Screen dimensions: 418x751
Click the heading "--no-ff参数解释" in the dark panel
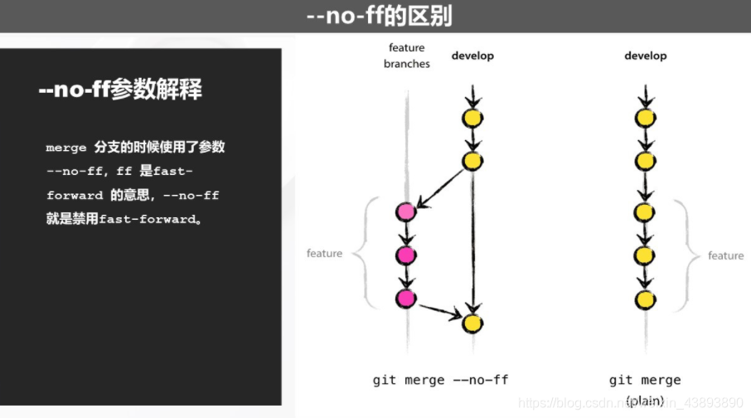(x=120, y=90)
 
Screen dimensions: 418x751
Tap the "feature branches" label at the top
(x=406, y=56)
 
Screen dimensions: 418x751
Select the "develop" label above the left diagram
(x=472, y=56)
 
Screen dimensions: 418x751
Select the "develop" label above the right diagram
(x=645, y=56)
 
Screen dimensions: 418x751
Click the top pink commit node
(x=406, y=212)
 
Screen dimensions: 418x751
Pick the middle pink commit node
(x=406, y=255)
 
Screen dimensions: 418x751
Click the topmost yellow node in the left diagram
(x=472, y=119)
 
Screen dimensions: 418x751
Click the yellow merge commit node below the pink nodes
(x=472, y=323)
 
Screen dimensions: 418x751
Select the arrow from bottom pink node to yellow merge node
(x=439, y=312)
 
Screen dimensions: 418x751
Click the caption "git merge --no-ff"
(x=440, y=381)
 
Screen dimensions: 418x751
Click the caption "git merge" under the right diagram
(x=645, y=381)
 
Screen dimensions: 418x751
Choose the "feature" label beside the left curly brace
(x=324, y=254)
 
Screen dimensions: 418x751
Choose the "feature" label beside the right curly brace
(x=725, y=255)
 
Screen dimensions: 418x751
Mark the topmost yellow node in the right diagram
(x=645, y=119)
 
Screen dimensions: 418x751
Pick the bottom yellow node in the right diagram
(x=645, y=299)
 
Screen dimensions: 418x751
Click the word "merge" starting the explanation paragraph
(x=66, y=148)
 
